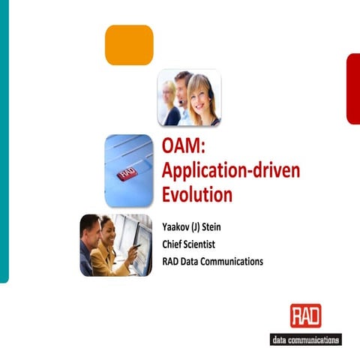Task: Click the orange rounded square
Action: pos(129,45)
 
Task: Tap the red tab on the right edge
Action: pos(352,88)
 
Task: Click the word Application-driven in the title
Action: pos(231,170)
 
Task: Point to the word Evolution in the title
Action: pos(197,194)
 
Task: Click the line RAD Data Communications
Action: pos(212,261)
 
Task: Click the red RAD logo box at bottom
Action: pos(306,316)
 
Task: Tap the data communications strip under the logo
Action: pos(306,339)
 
